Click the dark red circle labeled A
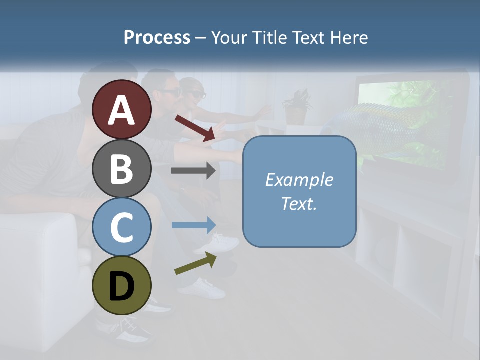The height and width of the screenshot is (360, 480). tap(122, 109)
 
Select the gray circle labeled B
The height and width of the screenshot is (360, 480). tap(122, 168)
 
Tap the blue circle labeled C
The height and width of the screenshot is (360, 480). tap(122, 227)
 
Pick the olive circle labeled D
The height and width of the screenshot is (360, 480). tap(122, 285)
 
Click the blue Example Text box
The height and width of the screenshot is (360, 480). tap(299, 191)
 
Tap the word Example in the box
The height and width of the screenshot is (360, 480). tap(299, 180)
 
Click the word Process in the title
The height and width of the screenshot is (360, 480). tap(157, 37)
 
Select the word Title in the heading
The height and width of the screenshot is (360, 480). tap(268, 37)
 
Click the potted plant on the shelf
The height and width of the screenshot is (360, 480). tap(297, 107)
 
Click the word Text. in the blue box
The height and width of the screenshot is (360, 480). tap(299, 203)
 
